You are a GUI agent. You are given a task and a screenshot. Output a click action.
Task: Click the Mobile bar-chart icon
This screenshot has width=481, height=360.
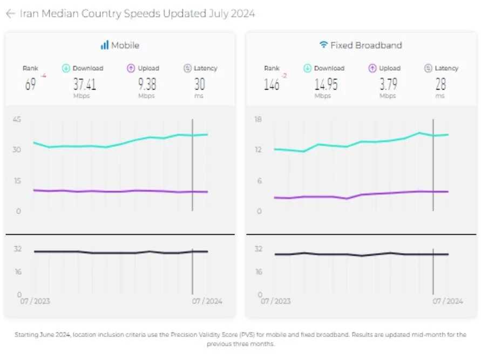tap(104, 45)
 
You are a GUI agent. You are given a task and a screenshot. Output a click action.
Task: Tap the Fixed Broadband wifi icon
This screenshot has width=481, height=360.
tap(324, 45)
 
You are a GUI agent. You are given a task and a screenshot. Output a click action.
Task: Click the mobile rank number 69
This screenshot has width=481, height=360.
tap(31, 84)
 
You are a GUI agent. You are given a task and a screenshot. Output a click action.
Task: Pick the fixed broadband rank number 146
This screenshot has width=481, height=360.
tap(272, 84)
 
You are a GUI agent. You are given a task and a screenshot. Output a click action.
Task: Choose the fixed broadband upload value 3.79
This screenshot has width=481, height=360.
tap(387, 84)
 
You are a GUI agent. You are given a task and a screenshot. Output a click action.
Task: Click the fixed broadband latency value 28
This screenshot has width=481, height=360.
tap(441, 84)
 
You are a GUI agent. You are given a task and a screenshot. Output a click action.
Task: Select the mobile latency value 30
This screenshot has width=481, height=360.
tap(199, 84)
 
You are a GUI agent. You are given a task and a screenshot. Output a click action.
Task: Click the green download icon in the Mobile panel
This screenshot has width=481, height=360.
tap(66, 69)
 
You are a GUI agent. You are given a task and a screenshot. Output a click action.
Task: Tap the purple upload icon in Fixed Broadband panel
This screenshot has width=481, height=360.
tap(372, 69)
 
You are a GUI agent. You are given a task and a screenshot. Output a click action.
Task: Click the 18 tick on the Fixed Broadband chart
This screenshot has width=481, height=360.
tap(258, 119)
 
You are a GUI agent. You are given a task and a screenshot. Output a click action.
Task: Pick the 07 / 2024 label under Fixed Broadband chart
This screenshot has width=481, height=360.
tap(448, 301)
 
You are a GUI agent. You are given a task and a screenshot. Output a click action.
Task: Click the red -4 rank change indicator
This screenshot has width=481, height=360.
tap(43, 76)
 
